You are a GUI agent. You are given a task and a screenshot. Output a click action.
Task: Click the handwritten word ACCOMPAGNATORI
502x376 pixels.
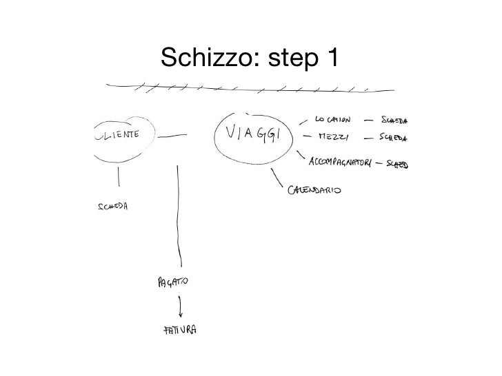[342, 163]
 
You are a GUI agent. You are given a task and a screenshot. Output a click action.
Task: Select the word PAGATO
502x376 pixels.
[170, 282]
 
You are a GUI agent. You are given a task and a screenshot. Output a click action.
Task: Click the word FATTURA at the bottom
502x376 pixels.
[178, 330]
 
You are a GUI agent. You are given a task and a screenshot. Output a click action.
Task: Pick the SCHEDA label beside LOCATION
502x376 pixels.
[393, 120]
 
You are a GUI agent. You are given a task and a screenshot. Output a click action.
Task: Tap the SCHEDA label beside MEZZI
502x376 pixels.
[393, 137]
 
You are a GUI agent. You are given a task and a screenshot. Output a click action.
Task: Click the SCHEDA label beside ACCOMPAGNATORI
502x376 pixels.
[396, 164]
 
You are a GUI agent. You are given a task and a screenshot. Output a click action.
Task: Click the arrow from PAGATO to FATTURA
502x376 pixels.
[181, 303]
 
